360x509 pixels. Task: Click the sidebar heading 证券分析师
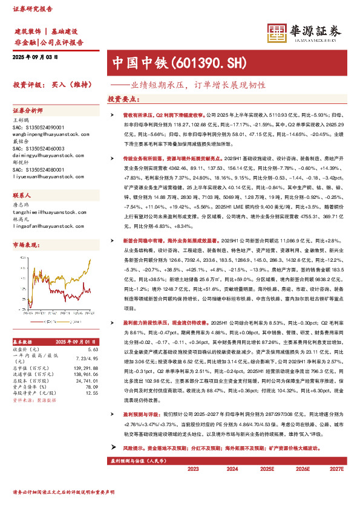coord(28,111)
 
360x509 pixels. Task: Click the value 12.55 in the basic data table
coord(91,376)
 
